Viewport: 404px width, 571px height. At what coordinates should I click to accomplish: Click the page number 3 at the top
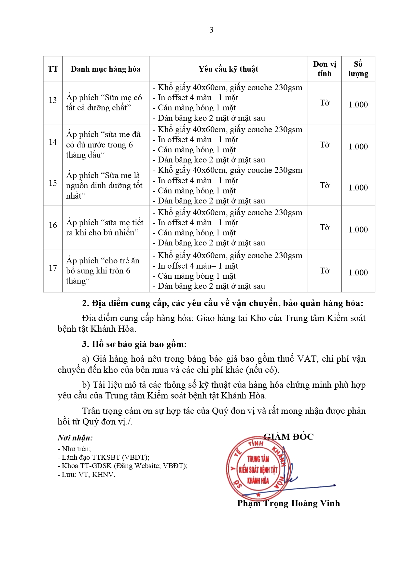click(x=211, y=30)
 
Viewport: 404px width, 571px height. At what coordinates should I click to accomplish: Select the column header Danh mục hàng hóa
click(x=105, y=69)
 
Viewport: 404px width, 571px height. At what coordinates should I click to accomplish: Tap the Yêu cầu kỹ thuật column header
click(x=228, y=69)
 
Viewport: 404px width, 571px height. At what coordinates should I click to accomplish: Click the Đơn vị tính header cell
click(x=324, y=69)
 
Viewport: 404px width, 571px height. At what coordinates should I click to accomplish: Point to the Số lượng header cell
click(x=358, y=69)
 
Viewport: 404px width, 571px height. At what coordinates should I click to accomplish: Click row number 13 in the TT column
click(x=53, y=100)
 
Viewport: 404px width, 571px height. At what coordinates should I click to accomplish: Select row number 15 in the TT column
click(x=53, y=183)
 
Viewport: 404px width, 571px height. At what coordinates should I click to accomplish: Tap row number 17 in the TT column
click(x=53, y=268)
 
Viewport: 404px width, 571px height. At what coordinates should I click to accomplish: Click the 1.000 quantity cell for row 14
click(x=358, y=147)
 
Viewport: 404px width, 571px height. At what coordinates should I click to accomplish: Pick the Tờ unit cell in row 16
click(x=324, y=228)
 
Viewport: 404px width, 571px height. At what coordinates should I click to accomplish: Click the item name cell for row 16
click(x=105, y=228)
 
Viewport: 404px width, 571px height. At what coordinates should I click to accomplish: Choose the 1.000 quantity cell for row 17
click(x=358, y=273)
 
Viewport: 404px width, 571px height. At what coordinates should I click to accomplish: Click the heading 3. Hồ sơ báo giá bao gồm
click(x=134, y=344)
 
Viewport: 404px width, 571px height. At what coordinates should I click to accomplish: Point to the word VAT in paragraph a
click(x=306, y=359)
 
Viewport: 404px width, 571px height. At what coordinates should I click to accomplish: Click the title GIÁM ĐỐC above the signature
click(x=288, y=437)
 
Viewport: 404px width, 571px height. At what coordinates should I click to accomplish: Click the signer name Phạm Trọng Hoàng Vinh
click(x=288, y=504)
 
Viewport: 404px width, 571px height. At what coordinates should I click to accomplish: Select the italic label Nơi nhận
click(x=75, y=438)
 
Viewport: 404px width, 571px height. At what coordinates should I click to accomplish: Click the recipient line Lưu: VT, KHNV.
click(x=87, y=475)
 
